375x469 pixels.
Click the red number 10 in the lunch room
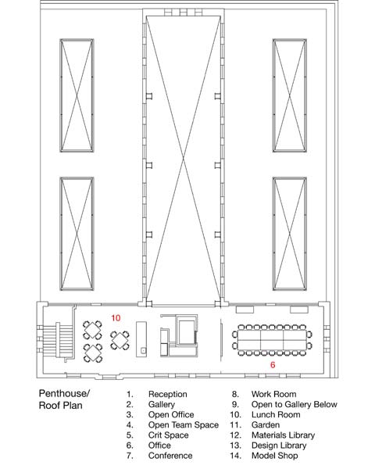click(x=116, y=317)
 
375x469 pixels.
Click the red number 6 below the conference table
click(x=273, y=365)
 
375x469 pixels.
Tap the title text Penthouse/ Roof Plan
click(x=64, y=399)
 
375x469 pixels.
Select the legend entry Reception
click(x=167, y=394)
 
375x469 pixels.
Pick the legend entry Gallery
click(x=162, y=404)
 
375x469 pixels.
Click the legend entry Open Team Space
click(x=184, y=424)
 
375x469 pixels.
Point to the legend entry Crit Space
click(x=169, y=435)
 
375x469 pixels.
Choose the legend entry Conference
click(x=170, y=456)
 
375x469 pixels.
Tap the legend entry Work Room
click(x=273, y=394)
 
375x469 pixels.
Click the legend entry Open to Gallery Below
click(x=295, y=404)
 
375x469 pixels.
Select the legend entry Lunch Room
click(x=276, y=414)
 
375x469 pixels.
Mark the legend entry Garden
click(x=266, y=424)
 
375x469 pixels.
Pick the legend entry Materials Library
click(x=283, y=435)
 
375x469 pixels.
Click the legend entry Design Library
click(x=279, y=446)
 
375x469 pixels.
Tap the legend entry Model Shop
click(x=274, y=456)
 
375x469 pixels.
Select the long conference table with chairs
click(x=272, y=340)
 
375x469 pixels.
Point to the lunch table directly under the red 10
click(x=120, y=340)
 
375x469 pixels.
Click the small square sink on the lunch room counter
click(x=143, y=350)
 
